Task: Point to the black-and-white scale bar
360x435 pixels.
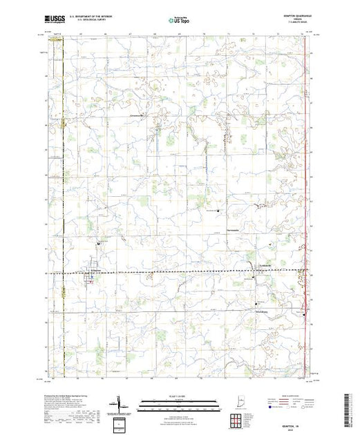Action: (x=179, y=401)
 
